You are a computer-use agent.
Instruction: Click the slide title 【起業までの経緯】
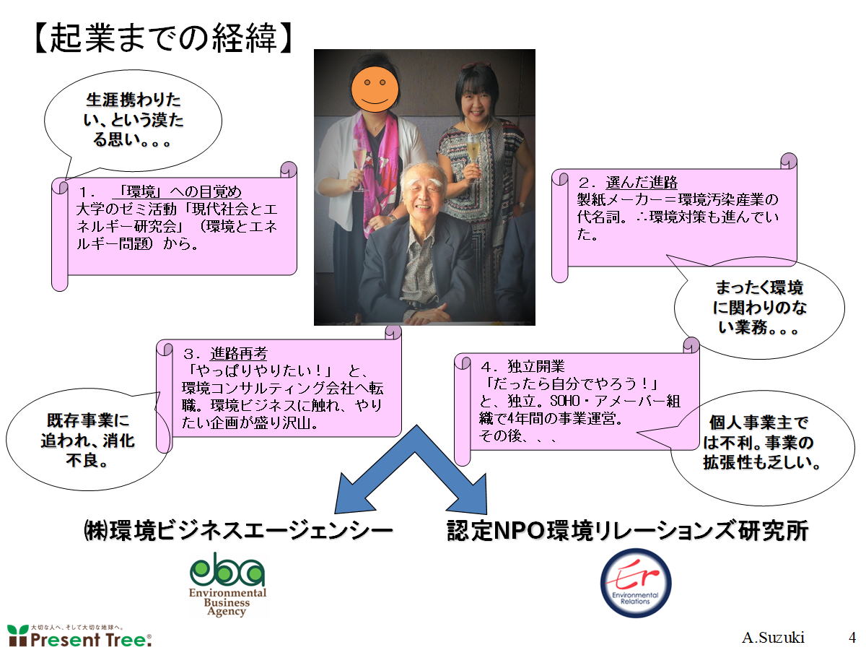point(163,38)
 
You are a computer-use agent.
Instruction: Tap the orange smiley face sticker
point(375,90)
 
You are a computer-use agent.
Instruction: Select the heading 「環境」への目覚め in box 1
point(177,192)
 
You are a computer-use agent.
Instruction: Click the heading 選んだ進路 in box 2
point(642,182)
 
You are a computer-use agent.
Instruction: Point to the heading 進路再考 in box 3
point(239,353)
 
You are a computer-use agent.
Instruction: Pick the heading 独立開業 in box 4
point(535,367)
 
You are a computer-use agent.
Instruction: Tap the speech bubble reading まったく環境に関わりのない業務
point(759,308)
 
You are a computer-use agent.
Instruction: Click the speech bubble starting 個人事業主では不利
point(761,448)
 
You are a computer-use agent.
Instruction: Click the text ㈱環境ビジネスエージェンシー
point(238,531)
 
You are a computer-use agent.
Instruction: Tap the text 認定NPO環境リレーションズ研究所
point(627,531)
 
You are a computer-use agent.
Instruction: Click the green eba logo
point(227,584)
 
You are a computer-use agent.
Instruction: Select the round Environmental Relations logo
point(636,584)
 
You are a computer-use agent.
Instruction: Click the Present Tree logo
point(79,636)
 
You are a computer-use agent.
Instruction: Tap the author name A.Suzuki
point(773,638)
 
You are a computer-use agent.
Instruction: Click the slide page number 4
point(852,638)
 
